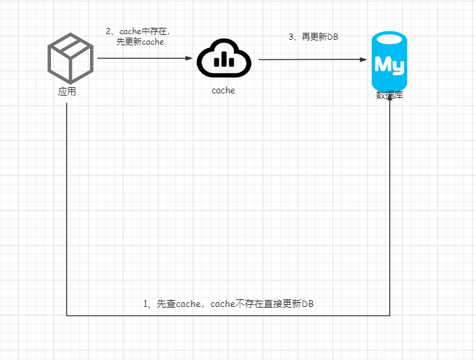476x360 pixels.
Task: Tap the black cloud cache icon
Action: click(223, 59)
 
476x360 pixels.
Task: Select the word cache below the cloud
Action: click(223, 91)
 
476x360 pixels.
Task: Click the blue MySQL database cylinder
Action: click(389, 61)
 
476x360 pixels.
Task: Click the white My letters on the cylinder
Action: click(389, 65)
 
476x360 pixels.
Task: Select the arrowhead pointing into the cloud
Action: click(188, 59)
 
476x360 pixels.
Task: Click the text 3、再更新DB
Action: click(313, 36)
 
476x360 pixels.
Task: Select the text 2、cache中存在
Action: click(138, 31)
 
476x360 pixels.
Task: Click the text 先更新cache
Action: click(140, 42)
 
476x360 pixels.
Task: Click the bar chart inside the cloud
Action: click(224, 60)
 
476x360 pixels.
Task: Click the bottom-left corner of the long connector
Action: click(67, 316)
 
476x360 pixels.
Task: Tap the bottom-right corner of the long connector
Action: click(389, 316)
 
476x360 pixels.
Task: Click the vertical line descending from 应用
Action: click(67, 209)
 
